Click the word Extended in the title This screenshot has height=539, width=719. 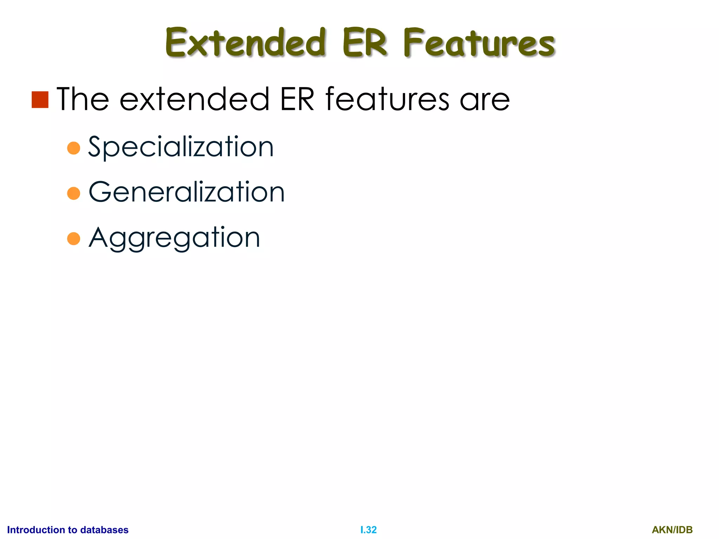246,43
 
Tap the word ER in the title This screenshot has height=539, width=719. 365,43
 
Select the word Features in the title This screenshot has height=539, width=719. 479,43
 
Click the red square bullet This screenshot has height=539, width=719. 40,100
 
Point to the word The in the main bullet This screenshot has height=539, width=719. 83,99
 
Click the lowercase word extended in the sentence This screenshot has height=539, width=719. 194,99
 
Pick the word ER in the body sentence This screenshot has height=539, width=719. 297,99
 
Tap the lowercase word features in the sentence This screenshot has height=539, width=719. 387,99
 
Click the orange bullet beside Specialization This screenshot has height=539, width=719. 74,148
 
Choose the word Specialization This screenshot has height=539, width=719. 180,147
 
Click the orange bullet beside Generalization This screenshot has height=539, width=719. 74,193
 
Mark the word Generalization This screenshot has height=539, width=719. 186,192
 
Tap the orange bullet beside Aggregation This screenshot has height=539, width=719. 74,239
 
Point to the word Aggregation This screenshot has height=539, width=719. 174,238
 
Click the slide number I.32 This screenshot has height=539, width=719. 368,530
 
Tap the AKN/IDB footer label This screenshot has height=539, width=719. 672,530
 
